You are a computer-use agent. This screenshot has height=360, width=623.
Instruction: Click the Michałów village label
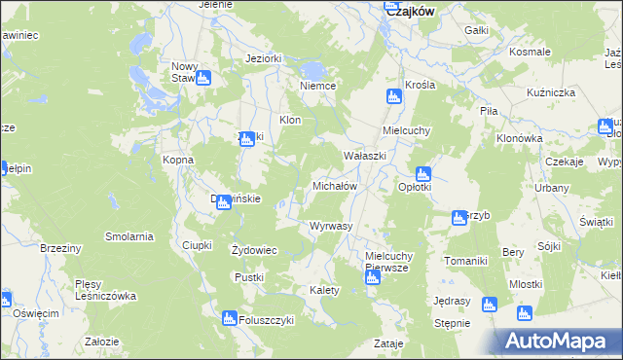(x=335, y=185)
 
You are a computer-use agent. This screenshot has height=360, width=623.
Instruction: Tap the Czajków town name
(x=410, y=12)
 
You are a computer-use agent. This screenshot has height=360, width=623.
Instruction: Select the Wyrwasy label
(x=330, y=226)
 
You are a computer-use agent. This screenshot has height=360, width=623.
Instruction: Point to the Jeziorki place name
(x=264, y=58)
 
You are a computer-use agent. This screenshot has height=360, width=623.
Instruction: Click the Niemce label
(x=318, y=86)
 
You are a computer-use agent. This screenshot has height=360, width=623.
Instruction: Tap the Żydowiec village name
(x=254, y=250)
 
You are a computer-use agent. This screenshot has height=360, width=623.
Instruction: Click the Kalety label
(x=324, y=290)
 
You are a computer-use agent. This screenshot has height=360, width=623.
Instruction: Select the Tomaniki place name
(x=465, y=261)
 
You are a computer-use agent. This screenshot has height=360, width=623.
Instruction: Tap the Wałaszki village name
(x=365, y=156)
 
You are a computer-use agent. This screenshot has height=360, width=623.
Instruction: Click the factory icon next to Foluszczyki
(x=230, y=318)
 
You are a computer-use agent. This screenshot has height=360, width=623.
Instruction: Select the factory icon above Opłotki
(x=423, y=174)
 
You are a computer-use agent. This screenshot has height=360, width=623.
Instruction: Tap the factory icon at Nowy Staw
(x=203, y=79)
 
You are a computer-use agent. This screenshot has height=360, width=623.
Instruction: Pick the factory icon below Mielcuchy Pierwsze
(x=371, y=279)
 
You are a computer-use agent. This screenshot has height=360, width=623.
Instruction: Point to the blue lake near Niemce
(x=313, y=70)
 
